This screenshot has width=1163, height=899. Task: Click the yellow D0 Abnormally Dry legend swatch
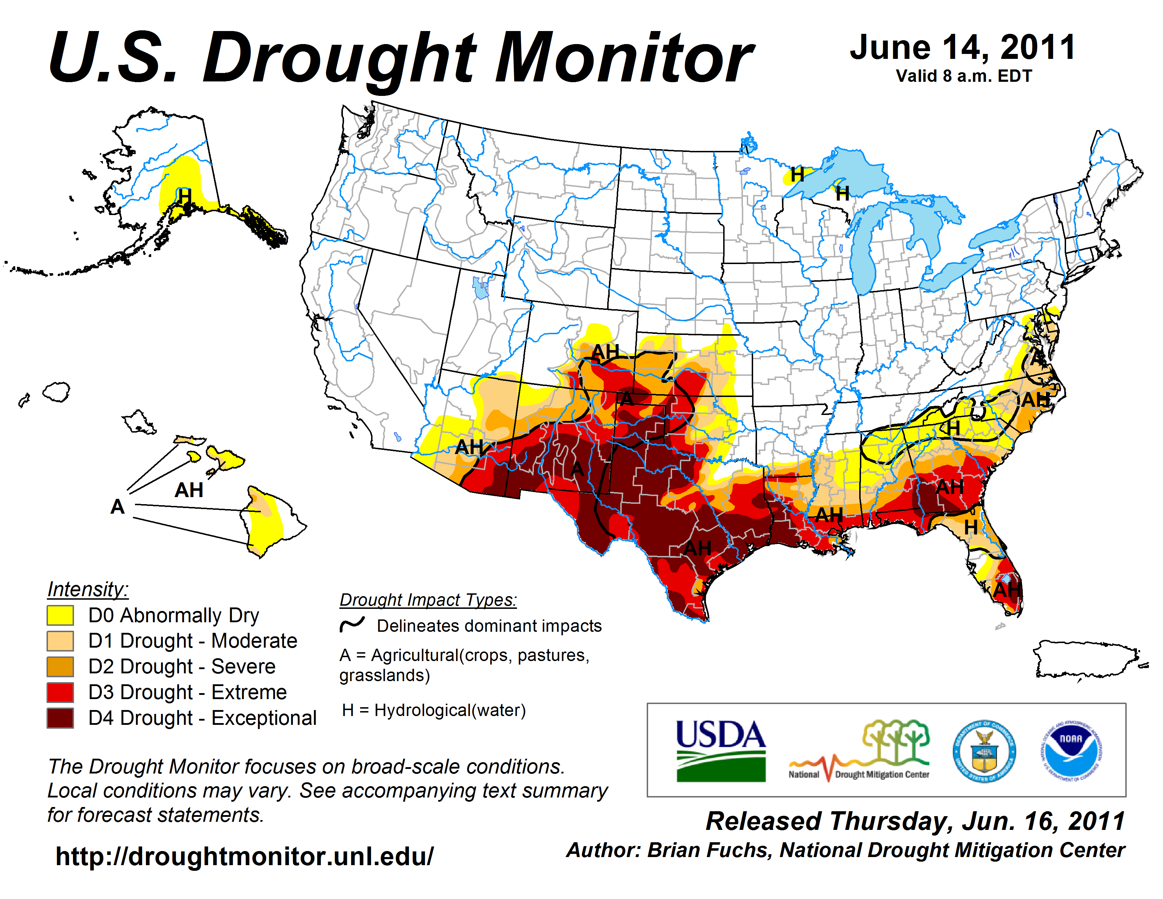click(x=60, y=615)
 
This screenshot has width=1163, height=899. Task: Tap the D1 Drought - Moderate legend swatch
click(x=60, y=641)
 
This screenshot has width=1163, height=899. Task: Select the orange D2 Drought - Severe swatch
click(x=60, y=666)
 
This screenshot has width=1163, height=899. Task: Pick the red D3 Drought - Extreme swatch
click(x=60, y=692)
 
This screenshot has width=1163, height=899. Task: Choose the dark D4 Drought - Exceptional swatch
click(x=60, y=718)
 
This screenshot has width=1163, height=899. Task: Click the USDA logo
click(x=720, y=751)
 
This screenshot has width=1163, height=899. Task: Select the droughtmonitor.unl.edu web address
click(x=245, y=856)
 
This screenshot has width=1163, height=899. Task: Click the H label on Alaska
click(x=184, y=196)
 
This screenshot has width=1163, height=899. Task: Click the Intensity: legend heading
click(x=88, y=589)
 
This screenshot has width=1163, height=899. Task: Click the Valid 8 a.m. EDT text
click(x=964, y=76)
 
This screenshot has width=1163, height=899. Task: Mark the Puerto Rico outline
click(x=1086, y=660)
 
